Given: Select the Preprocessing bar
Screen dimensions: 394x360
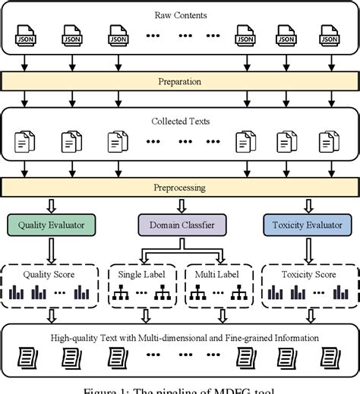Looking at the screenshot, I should [x=180, y=185].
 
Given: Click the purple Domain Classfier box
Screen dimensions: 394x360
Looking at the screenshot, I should [x=180, y=224].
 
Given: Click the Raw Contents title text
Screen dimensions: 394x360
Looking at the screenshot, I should [x=180, y=14].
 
